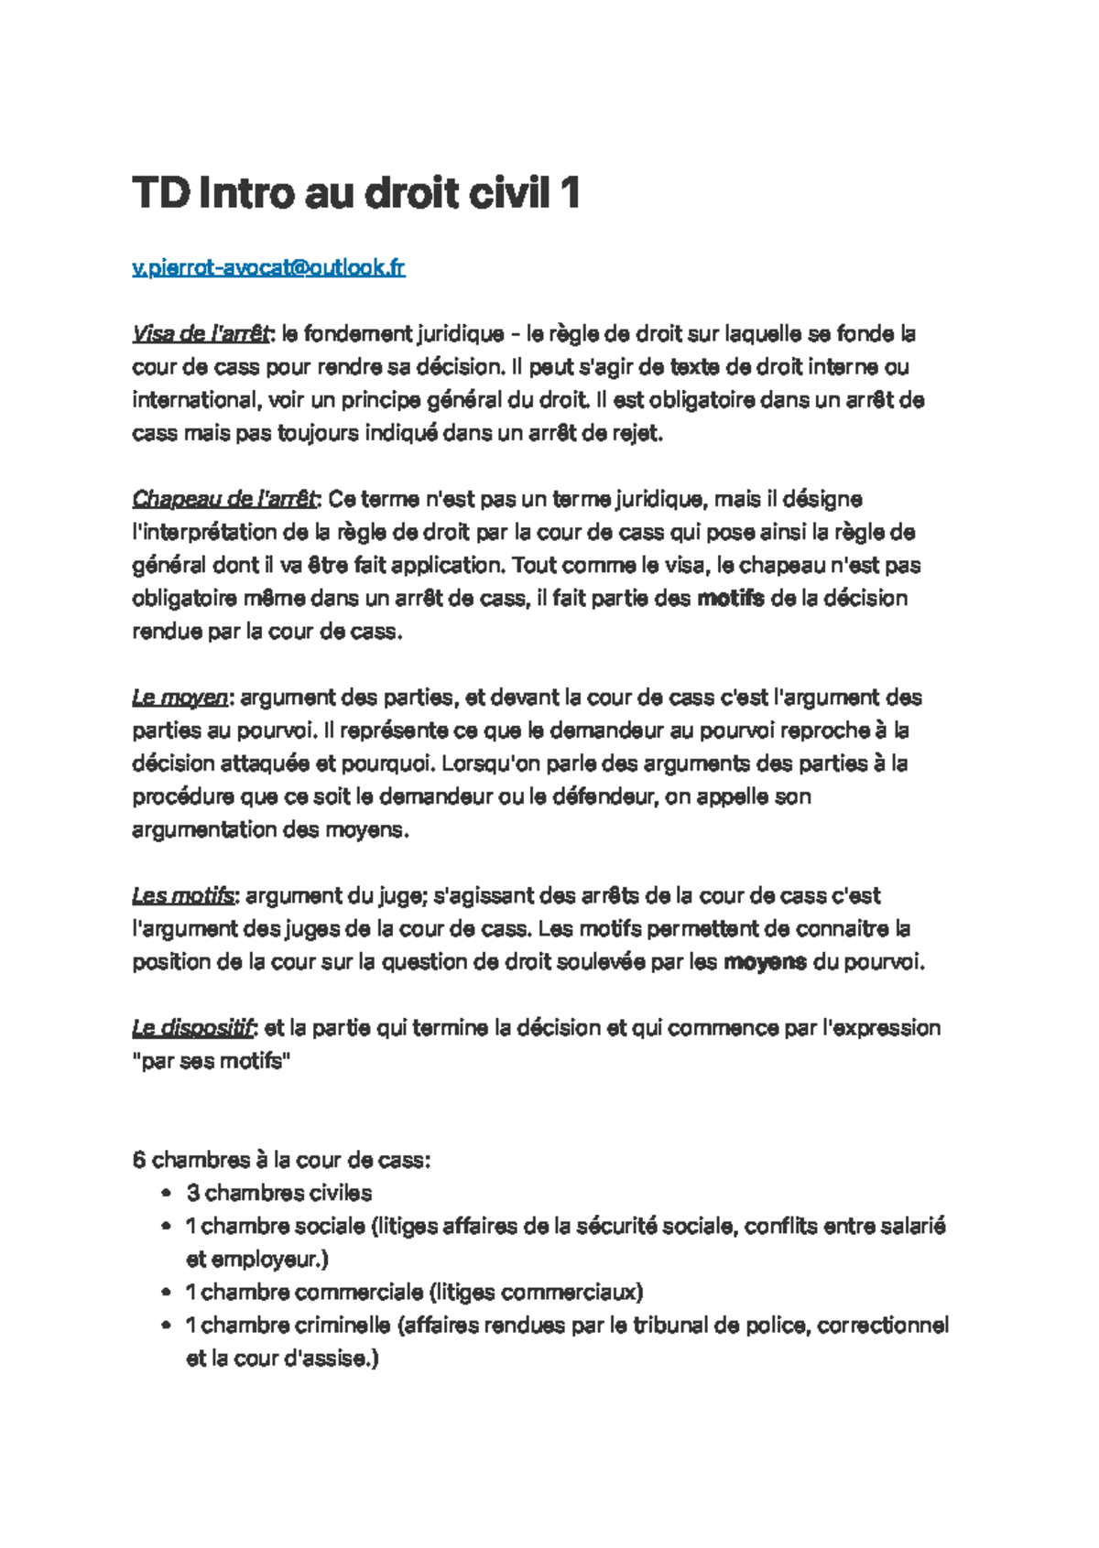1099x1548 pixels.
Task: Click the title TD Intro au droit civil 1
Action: [355, 193]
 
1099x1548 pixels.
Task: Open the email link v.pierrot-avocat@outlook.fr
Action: [268, 267]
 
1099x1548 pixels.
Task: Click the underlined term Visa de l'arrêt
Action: [201, 334]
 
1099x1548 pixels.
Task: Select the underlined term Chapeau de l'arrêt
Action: [224, 499]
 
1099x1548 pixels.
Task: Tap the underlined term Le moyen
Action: [180, 698]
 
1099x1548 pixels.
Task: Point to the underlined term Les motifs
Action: [183, 895]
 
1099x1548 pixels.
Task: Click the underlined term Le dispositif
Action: [192, 1028]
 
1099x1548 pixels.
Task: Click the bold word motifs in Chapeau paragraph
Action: [730, 599]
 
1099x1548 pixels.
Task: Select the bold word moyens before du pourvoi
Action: [765, 962]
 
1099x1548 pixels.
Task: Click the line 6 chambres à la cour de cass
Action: [281, 1160]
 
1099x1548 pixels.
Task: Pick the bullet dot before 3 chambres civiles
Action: [165, 1194]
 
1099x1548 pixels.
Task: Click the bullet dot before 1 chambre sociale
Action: [165, 1227]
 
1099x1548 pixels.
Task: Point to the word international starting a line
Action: [193, 400]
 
